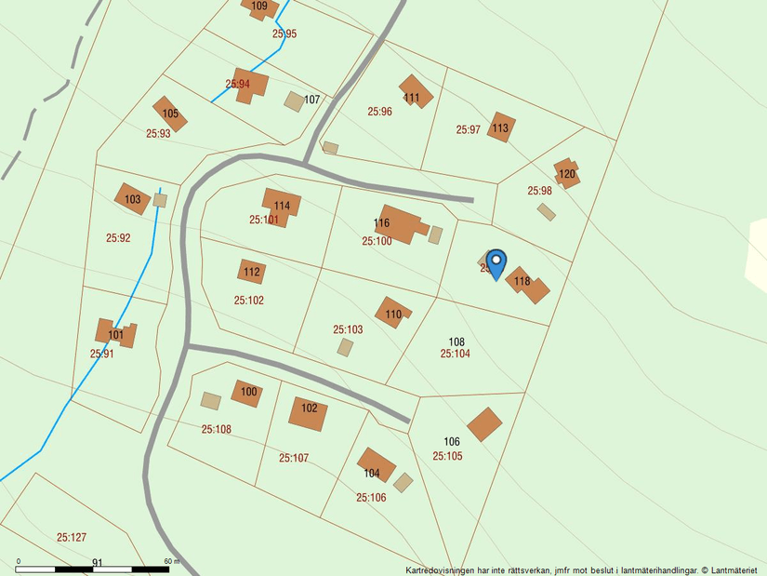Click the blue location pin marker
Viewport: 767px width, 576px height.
point(496,262)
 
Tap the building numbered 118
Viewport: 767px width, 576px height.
point(528,285)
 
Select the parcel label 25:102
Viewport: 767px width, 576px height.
point(249,301)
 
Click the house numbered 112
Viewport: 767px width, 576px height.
point(251,272)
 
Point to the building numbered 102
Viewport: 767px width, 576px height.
point(308,412)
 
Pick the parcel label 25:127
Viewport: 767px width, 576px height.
point(72,537)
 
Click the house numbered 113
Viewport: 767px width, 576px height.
point(501,127)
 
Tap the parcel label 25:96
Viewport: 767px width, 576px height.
point(379,112)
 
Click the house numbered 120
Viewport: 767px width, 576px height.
point(566,174)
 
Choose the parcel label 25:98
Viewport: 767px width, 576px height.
point(540,191)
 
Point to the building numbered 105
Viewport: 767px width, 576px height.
point(170,114)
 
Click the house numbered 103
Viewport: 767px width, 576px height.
point(133,198)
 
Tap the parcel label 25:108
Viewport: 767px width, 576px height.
point(217,429)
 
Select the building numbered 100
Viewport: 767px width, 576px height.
point(247,394)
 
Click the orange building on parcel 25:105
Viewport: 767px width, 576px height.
point(484,424)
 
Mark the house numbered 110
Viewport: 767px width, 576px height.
point(393,313)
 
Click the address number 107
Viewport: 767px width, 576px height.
point(312,100)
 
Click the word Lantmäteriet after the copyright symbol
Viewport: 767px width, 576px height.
point(735,569)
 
